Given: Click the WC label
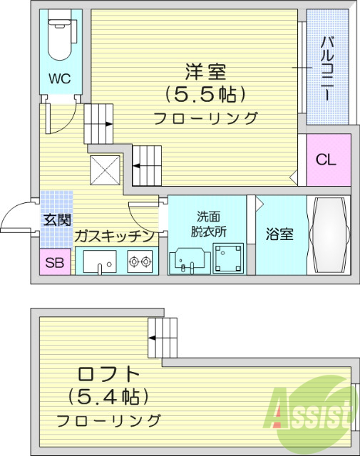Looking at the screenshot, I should coord(59,79).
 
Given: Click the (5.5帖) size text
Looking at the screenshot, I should coord(205,94).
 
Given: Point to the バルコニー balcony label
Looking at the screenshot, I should coord(329,68).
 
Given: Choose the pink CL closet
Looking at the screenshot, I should coord(326,160).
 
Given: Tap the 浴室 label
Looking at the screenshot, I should coord(279,234).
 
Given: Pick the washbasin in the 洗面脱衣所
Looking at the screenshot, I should coord(189,260).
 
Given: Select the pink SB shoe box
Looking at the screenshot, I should coord(54,263).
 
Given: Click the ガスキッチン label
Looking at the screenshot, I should coord(114,236).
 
